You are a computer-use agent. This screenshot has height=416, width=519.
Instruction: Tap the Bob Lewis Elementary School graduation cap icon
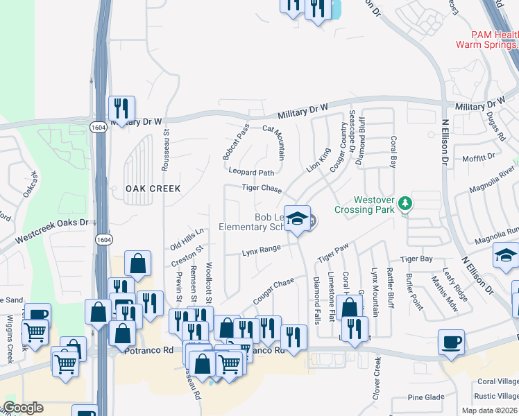pos(297,219)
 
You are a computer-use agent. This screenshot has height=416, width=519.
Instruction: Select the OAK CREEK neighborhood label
pos(153,189)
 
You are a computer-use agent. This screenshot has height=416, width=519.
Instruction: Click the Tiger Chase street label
pos(262,189)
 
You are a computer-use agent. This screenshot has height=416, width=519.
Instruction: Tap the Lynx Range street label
pos(261,250)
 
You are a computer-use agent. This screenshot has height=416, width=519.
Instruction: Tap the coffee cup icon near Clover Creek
pos(452,342)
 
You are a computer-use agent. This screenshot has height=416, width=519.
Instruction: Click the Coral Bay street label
pos(392,152)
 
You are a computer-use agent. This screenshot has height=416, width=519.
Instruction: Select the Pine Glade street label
pos(425,397)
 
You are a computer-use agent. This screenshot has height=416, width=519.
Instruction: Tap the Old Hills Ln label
pos(187,239)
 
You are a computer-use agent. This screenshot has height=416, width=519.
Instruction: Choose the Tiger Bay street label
pos(416,259)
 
